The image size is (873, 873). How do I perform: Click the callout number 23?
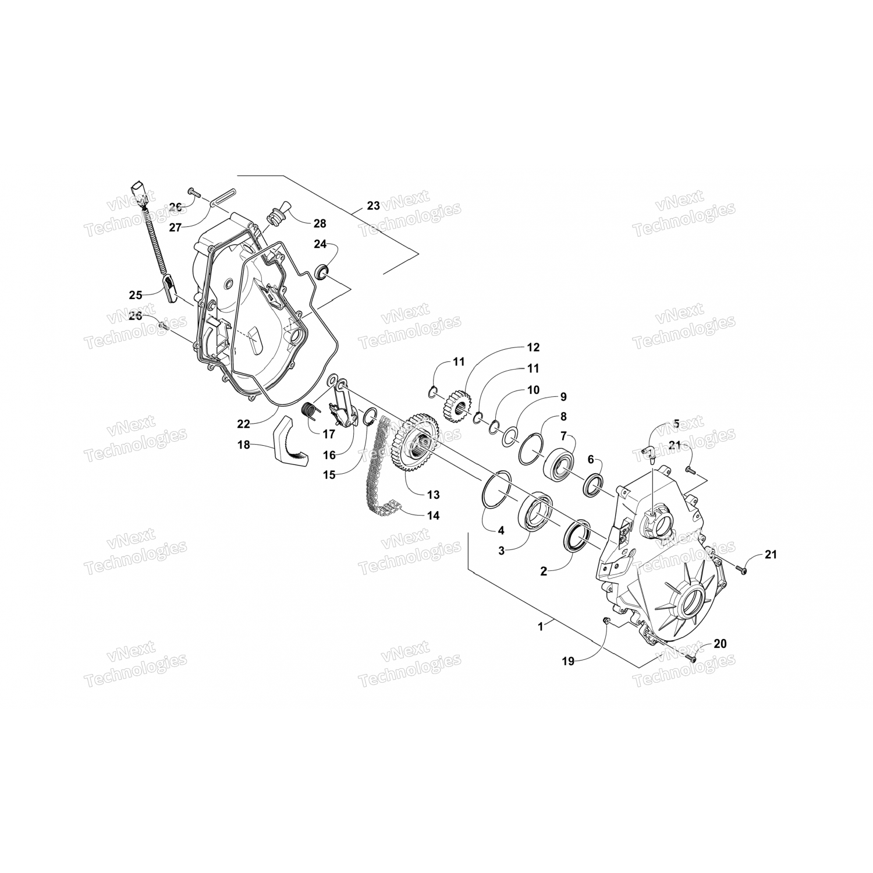coord(373,205)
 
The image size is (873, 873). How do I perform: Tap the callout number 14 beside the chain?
coord(432,515)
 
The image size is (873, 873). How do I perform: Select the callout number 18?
coord(243,445)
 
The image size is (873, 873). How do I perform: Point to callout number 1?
coord(541,626)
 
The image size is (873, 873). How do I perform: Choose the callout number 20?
coord(720,644)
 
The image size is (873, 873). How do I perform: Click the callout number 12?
coord(533,347)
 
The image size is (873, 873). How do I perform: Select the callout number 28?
coord(320,223)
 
